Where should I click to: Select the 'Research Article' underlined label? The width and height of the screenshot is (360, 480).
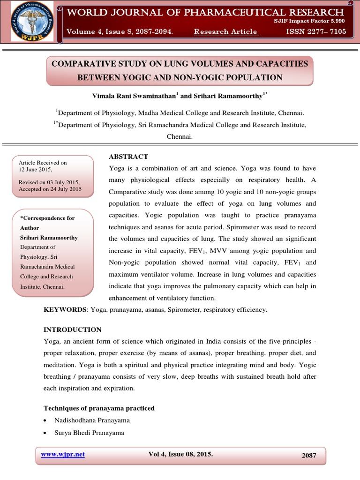[225, 31]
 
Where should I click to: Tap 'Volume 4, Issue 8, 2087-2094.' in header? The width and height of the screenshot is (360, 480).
[120, 31]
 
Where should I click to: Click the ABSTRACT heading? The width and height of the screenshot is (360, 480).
[128, 157]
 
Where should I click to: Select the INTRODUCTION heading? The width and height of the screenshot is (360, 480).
[72, 330]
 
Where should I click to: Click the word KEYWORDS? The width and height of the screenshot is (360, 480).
[65, 310]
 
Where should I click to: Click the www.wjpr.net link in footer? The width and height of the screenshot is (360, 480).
[63, 454]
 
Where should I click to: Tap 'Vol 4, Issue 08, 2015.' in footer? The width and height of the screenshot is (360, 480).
[180, 454]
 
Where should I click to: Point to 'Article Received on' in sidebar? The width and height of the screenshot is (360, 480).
[43, 163]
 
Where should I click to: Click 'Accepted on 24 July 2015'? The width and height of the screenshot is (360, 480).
[50, 189]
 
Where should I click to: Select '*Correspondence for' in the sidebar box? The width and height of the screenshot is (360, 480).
[47, 218]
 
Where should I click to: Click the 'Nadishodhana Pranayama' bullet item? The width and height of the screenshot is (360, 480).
[92, 420]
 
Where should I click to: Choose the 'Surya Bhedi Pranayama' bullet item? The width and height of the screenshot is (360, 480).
[89, 433]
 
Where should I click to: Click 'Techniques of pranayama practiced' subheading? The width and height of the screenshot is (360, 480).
[99, 408]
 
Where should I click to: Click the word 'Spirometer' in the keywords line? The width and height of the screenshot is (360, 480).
[187, 310]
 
